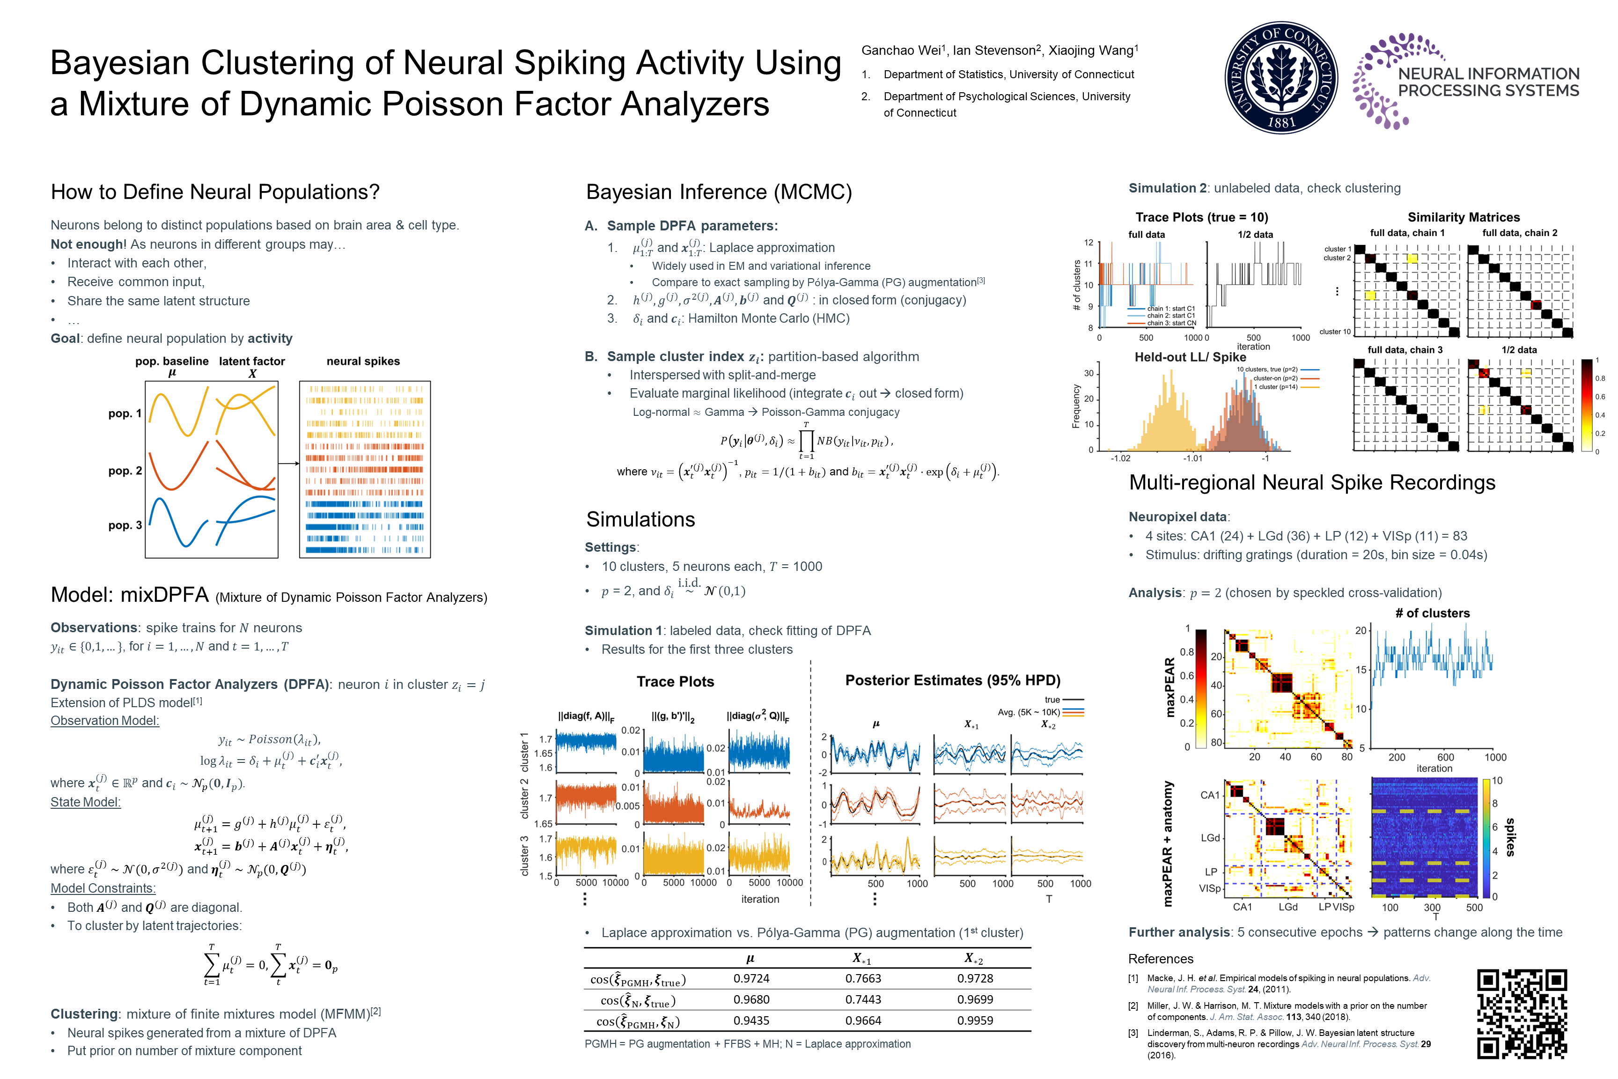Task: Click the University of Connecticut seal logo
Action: pos(1281,77)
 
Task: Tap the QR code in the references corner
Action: pos(1521,1013)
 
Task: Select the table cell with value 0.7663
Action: pos(863,978)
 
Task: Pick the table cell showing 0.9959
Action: pos(975,1020)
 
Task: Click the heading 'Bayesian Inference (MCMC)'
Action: pos(719,192)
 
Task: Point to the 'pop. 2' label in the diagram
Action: pos(125,471)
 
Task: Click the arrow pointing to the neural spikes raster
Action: pos(289,463)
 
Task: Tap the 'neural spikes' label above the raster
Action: pos(362,361)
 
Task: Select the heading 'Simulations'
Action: pos(640,519)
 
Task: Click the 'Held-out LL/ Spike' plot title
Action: pos(1190,357)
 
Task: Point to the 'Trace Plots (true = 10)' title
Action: pos(1201,217)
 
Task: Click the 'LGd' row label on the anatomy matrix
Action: pos(1210,837)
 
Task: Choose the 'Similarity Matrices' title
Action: pos(1463,217)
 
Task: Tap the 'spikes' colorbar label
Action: pos(1511,837)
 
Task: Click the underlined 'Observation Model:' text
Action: pos(104,720)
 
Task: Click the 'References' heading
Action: pos(1161,959)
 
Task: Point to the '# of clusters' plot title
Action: pos(1432,613)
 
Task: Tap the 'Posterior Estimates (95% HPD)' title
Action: pos(952,680)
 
